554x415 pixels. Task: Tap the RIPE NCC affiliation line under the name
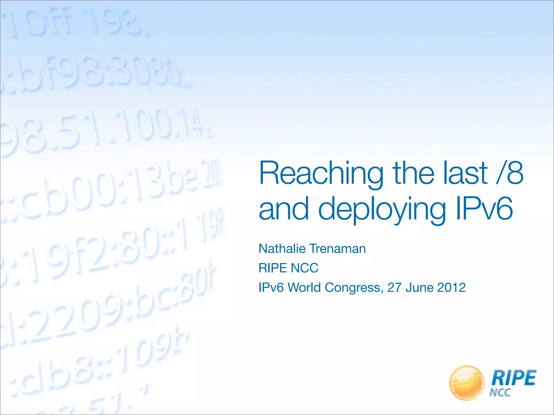(x=288, y=268)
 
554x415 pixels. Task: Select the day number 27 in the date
(x=394, y=287)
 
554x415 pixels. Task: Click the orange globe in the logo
(x=466, y=383)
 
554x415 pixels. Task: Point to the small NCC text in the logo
(x=500, y=392)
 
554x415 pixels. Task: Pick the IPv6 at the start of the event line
(x=271, y=287)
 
